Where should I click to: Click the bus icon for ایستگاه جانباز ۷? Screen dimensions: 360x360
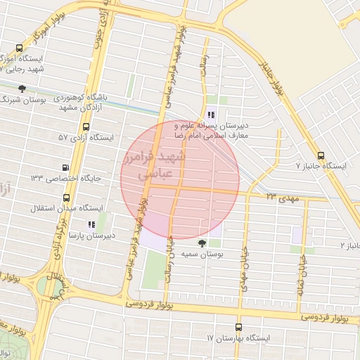[x=321, y=156]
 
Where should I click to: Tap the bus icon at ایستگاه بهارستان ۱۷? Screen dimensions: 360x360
[x=238, y=328]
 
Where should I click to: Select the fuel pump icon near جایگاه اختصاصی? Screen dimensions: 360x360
[x=66, y=168]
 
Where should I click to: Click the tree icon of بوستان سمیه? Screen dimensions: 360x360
[x=202, y=244]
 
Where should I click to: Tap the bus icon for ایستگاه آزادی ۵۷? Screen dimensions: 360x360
[x=86, y=127]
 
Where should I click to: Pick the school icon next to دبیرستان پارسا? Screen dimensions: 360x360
[x=91, y=224]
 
